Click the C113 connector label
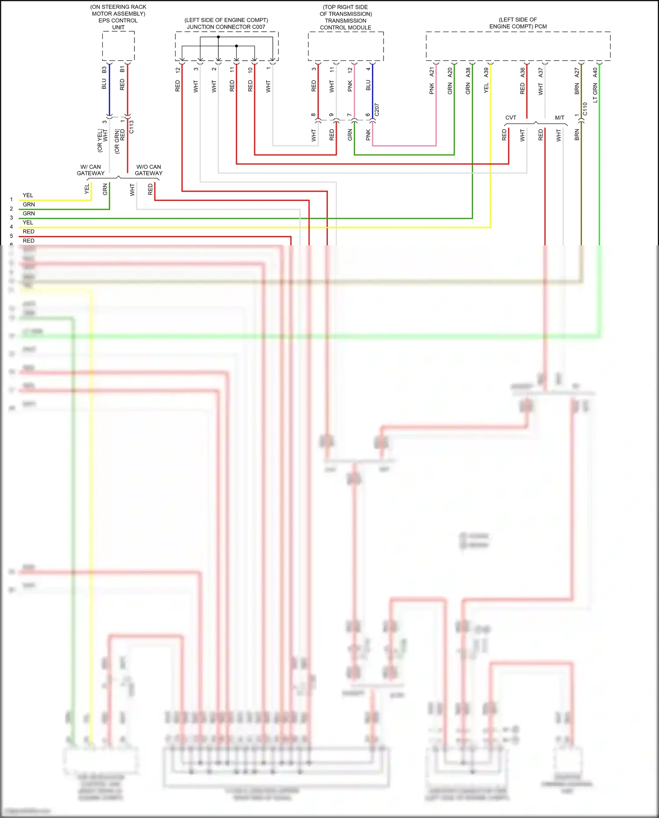pyautogui.click(x=131, y=127)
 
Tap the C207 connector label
pyautogui.click(x=377, y=110)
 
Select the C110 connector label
pyautogui.click(x=585, y=109)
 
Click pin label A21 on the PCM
pyautogui.click(x=432, y=72)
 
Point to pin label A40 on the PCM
pyautogui.click(x=595, y=72)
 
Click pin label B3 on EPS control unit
pyautogui.click(x=104, y=70)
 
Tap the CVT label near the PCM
pyautogui.click(x=511, y=118)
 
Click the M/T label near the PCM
pyautogui.click(x=559, y=118)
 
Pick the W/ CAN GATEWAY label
pyautogui.click(x=91, y=170)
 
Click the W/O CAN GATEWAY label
pyautogui.click(x=148, y=170)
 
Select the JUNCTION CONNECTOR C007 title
pyautogui.click(x=226, y=27)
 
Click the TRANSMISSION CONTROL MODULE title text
pyautogui.click(x=345, y=24)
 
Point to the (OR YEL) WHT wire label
pyautogui.click(x=102, y=140)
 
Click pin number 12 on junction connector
pyautogui.click(x=178, y=70)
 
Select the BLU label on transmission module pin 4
pyautogui.click(x=368, y=85)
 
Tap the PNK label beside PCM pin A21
pyautogui.click(x=432, y=89)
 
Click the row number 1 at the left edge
pyautogui.click(x=11, y=200)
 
